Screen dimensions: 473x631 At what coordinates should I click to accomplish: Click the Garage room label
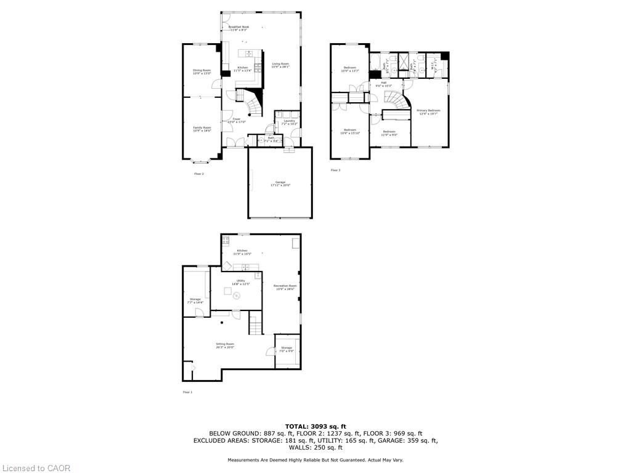280,183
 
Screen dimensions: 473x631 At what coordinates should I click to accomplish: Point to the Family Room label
202,129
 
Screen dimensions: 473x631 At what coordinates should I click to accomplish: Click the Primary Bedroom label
429,111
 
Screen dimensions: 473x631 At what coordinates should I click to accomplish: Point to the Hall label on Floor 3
383,83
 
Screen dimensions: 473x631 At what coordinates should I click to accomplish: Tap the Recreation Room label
285,287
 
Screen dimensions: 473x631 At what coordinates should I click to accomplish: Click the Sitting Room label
225,345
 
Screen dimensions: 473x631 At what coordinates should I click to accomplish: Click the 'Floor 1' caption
187,392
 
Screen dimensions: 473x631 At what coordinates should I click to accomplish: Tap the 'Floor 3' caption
335,170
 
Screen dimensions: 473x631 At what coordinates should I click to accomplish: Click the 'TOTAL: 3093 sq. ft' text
315,426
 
